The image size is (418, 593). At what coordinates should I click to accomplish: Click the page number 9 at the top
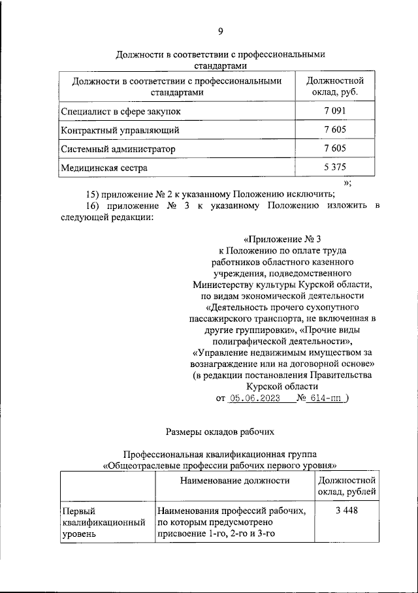(220, 32)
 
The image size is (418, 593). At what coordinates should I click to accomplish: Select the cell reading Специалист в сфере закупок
(120, 112)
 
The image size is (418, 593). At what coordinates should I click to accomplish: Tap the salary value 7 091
(334, 112)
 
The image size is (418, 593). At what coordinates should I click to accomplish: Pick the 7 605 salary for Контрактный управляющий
(334, 130)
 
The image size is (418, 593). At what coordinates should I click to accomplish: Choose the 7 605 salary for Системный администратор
(334, 149)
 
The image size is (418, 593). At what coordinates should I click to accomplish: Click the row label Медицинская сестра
(104, 167)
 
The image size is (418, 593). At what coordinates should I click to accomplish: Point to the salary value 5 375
(334, 167)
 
